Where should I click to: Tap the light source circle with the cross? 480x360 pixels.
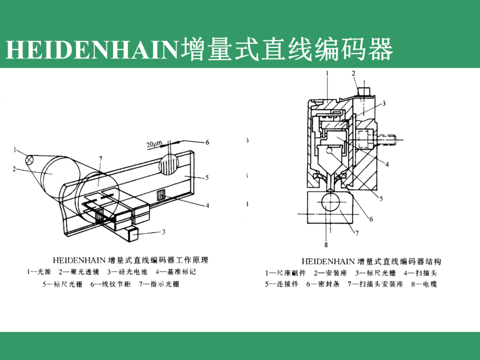tap(30, 160)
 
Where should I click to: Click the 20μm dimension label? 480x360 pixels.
tap(154, 144)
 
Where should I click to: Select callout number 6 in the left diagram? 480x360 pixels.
tap(207, 142)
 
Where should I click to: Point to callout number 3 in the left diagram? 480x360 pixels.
tap(164, 232)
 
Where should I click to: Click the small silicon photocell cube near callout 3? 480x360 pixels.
tap(132, 235)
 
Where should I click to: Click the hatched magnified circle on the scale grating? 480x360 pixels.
tap(168, 164)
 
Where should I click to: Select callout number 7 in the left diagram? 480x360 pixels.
tap(101, 159)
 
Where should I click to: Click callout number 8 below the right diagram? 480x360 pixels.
tap(326, 245)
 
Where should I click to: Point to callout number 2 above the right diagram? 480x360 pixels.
tap(354, 73)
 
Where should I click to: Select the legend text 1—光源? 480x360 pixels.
tap(39, 272)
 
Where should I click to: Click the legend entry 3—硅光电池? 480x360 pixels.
tap(128, 272)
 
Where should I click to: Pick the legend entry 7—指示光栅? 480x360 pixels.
tap(159, 284)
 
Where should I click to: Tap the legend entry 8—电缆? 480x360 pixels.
tap(424, 284)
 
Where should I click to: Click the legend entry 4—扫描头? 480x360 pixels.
tap(420, 273)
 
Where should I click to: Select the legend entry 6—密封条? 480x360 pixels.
tap(323, 284)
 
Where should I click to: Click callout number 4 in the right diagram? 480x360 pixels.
tap(387, 164)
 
